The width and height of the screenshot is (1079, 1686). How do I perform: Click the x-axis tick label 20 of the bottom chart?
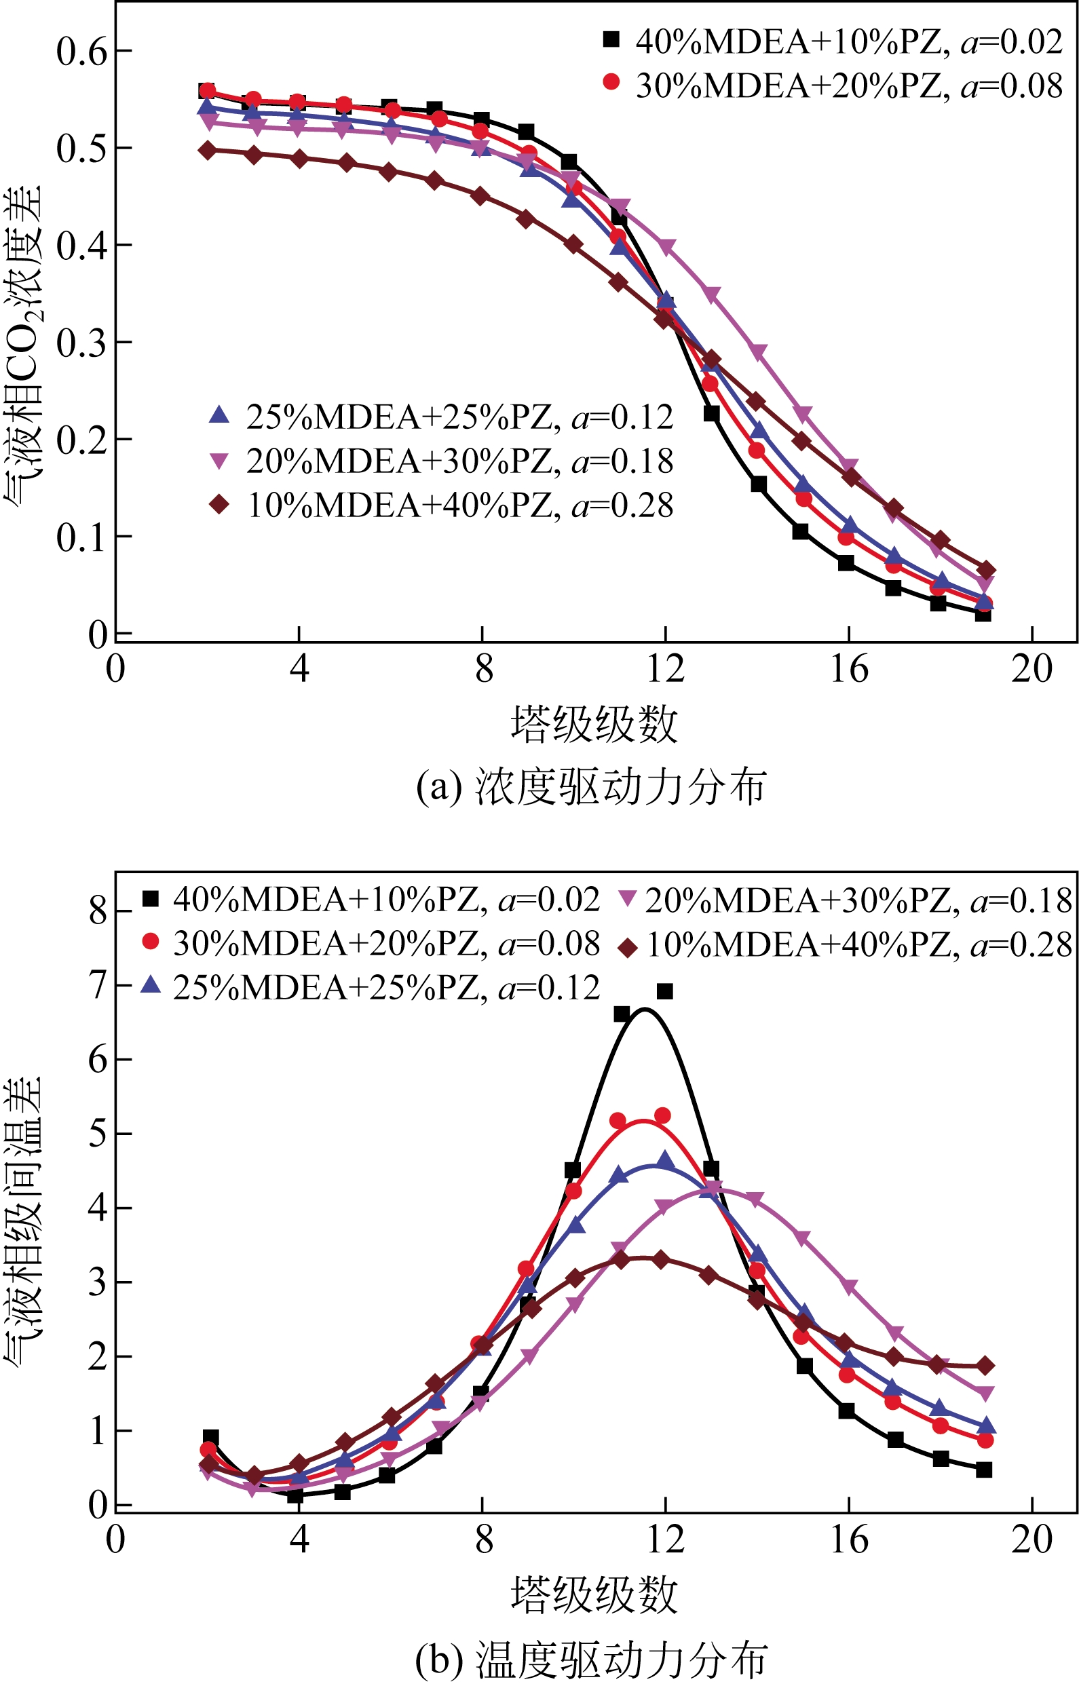coord(1031,1539)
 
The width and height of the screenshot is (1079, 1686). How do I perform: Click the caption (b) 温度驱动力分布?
coord(590,1660)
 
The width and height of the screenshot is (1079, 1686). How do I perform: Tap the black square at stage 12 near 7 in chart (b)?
coord(665,991)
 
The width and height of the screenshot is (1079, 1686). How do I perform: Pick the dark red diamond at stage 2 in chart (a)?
coord(208,150)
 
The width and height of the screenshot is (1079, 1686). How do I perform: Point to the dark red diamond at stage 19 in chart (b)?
coord(985,1365)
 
